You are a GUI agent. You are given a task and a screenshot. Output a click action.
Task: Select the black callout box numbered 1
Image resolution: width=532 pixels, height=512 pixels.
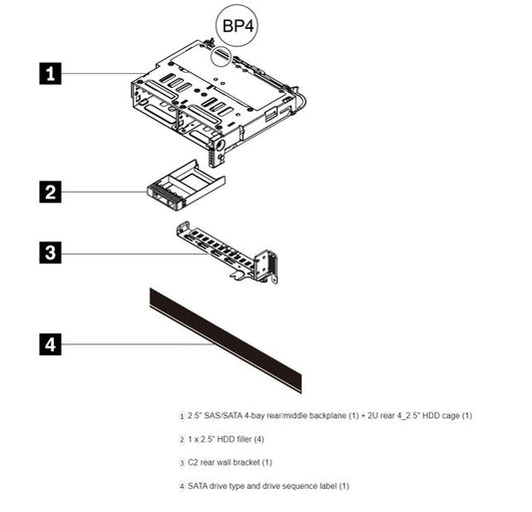click(x=50, y=72)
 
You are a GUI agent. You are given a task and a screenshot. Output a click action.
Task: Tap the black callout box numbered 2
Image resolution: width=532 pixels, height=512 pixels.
click(x=50, y=192)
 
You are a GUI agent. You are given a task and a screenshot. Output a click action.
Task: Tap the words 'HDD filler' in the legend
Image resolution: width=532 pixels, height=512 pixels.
click(x=227, y=438)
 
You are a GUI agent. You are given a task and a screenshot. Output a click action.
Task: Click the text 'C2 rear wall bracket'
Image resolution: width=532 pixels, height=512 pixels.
click(x=221, y=462)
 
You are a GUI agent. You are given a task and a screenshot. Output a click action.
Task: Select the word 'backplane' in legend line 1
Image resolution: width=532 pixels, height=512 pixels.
click(x=316, y=415)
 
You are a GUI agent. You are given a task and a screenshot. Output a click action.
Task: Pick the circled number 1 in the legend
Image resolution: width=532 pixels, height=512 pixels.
click(x=181, y=415)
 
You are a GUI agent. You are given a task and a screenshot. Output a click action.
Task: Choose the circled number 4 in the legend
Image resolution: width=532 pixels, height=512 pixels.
click(x=181, y=486)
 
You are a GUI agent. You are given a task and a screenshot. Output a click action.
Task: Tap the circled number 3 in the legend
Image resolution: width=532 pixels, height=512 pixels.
click(x=181, y=462)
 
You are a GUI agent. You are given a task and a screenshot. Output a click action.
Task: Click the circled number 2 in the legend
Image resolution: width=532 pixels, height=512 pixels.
click(x=181, y=438)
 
